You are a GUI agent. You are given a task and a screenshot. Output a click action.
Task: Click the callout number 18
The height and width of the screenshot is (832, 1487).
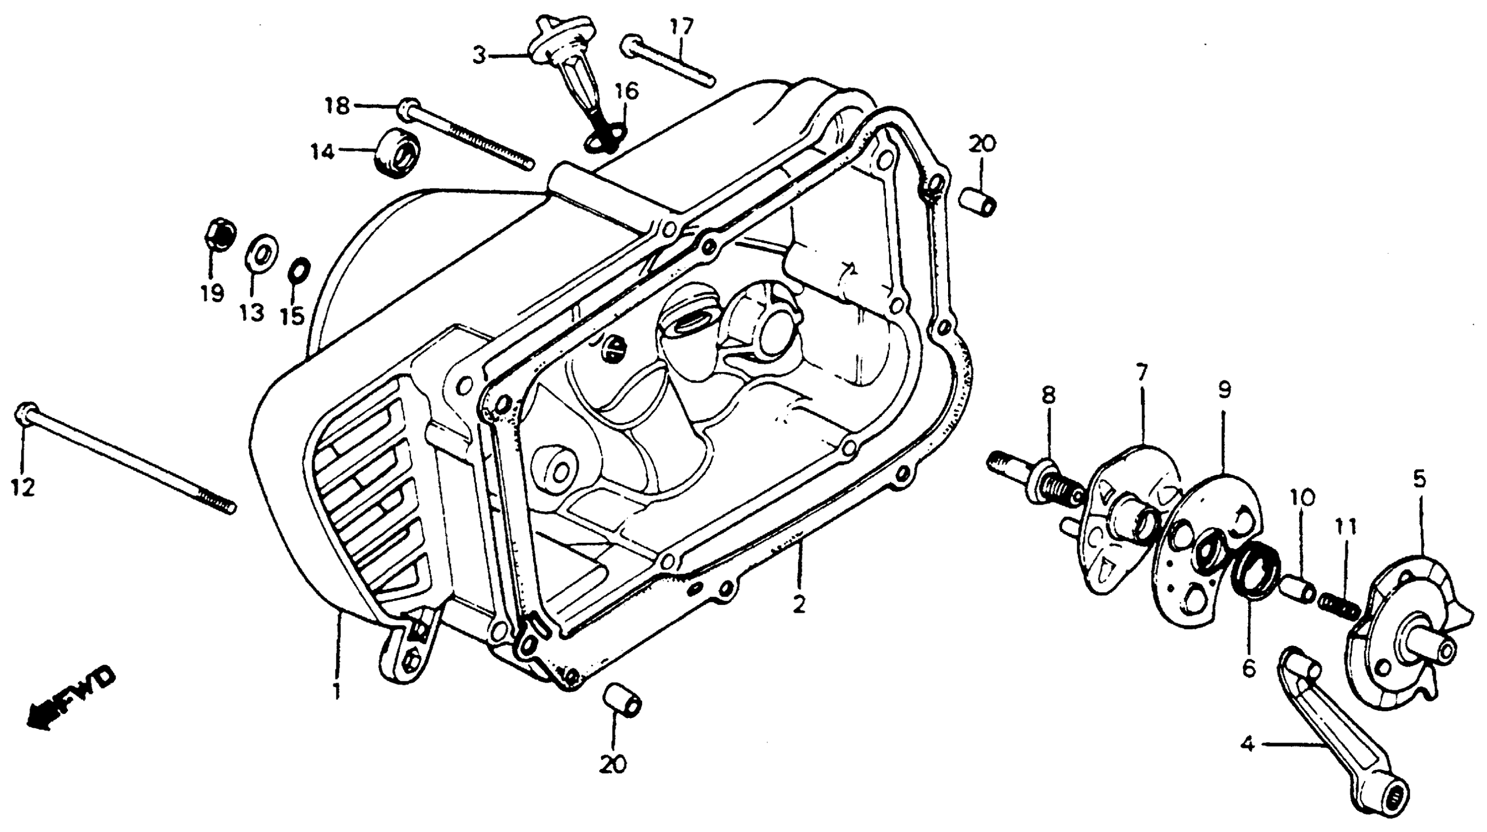pyautogui.click(x=337, y=106)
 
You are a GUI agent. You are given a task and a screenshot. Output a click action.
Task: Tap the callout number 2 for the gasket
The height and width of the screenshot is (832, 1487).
pyautogui.click(x=798, y=606)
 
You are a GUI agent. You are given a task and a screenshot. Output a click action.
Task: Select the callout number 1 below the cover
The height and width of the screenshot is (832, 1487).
pyautogui.click(x=337, y=691)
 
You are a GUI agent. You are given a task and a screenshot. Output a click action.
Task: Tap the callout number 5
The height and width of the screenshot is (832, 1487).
pyautogui.click(x=1419, y=479)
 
